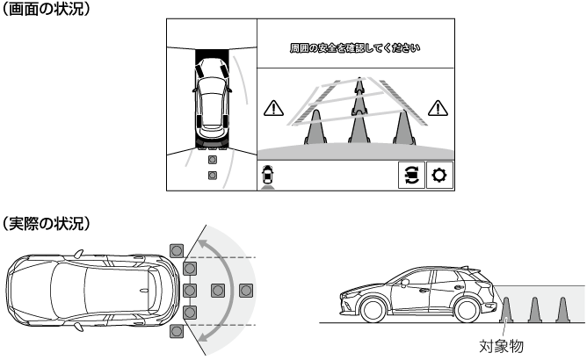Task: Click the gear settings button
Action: coord(440,175)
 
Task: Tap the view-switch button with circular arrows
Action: coord(411,175)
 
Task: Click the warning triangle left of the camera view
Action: coord(273,108)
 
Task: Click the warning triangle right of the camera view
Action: coord(438,108)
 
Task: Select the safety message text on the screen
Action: coord(355,48)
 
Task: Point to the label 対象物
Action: coord(501,346)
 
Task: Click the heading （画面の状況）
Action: coord(46,9)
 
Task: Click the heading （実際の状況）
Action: coord(46,223)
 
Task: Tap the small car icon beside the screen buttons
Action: coord(268,175)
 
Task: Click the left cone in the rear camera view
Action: coord(315,127)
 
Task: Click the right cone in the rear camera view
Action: coord(404,127)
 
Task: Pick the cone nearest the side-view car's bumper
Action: coord(506,310)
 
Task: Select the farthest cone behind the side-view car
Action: coord(562,310)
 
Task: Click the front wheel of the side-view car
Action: coord(373,309)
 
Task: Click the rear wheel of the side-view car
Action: coord(467,309)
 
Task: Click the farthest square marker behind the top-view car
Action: coord(246,291)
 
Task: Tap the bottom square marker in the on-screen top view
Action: coord(213,175)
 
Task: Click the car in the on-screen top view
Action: coord(212,100)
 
